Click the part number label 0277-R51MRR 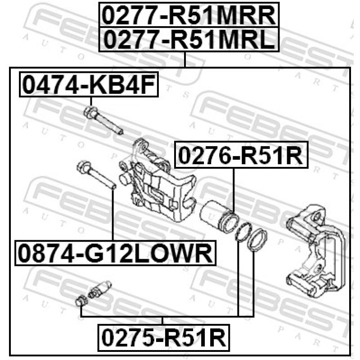coord(189,15)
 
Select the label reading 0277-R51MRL coord(189,40)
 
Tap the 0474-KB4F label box coord(89,85)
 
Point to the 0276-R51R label coord(241,155)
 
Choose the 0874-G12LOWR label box coord(115,253)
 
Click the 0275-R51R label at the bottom coord(164,337)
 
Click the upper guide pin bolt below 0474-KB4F coord(103,120)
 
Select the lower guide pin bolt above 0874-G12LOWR coord(96,175)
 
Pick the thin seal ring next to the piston coord(243,232)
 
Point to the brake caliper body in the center coord(157,180)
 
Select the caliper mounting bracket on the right coord(315,251)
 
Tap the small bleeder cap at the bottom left coord(81,301)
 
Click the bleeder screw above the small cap coord(99,289)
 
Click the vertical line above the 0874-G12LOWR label coord(113,215)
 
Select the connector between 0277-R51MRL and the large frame coord(184,59)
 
